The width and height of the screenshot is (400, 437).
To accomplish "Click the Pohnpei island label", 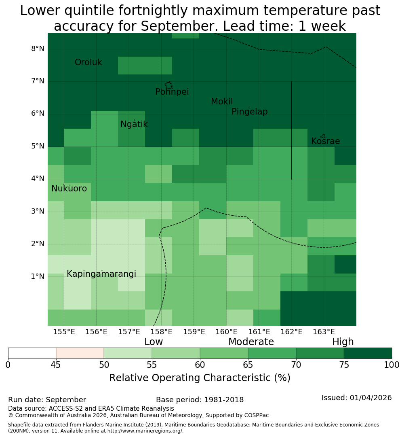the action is tap(172, 92).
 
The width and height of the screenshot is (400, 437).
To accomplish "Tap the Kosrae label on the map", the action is tap(325, 141).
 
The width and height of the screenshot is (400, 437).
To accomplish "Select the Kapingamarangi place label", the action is tap(101, 274).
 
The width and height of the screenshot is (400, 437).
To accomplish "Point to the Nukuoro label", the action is tap(69, 189).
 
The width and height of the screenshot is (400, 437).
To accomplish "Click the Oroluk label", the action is tap(88, 62).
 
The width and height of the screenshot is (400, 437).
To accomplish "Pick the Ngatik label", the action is tap(134, 124).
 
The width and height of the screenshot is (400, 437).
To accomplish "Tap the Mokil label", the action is tap(221, 102).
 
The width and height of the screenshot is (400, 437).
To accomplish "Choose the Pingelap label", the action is tap(249, 112).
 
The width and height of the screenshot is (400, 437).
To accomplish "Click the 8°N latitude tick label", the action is tap(38, 49).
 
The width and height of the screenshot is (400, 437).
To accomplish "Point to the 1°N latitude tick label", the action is tap(38, 276).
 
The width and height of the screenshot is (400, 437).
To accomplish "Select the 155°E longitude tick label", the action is tap(64, 332).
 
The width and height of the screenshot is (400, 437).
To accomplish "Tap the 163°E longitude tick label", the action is tap(324, 332).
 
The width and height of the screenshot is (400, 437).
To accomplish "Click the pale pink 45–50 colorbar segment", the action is tap(80, 353).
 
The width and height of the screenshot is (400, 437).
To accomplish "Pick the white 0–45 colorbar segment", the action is tap(32, 353).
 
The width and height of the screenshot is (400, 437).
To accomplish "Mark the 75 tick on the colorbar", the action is tap(344, 365).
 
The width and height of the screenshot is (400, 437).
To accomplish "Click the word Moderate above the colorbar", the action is tap(251, 342).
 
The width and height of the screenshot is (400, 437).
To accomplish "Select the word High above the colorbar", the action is tap(343, 342).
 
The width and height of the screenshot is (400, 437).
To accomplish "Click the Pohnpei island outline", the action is tap(168, 85).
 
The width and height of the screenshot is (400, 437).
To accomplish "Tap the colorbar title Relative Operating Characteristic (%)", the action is tap(200, 378).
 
